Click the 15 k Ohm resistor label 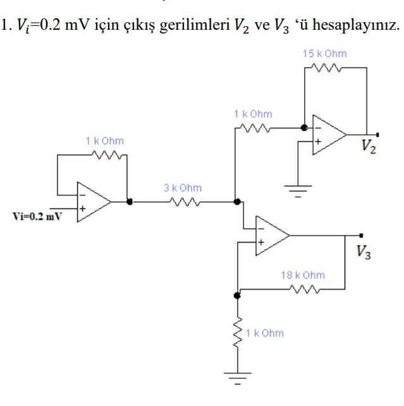tap(325, 54)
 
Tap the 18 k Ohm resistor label tap(303, 275)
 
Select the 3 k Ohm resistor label tap(183, 188)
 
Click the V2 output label tap(369, 147)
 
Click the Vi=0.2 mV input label tap(37, 216)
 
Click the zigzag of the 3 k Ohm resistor tap(183, 202)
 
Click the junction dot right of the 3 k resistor tap(237, 202)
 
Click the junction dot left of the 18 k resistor tap(238, 295)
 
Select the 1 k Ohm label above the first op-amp tap(105, 141)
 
